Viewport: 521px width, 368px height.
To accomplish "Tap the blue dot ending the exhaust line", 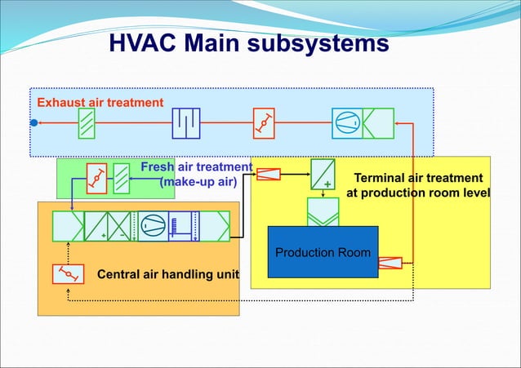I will point(34,123).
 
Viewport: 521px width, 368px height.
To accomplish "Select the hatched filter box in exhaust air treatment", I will point(87,123).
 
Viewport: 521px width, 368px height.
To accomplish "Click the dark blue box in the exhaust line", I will point(186,123).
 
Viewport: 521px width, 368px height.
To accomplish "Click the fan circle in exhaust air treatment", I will point(346,123).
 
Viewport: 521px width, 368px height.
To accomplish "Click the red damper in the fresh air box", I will point(96,178).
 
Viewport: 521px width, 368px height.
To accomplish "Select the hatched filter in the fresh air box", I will point(121,178).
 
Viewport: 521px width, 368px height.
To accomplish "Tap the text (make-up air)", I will point(198,182).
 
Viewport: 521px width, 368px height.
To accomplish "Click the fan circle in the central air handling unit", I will point(152,225).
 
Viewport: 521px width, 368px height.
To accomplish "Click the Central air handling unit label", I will point(168,274).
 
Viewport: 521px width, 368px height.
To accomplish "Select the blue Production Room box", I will point(323,251).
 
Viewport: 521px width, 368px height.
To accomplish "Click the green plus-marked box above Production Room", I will point(323,174).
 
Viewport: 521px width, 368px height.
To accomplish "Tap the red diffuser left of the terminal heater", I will point(269,173).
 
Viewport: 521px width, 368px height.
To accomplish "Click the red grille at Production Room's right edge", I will point(390,263).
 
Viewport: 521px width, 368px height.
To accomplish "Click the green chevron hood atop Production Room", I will point(323,211).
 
